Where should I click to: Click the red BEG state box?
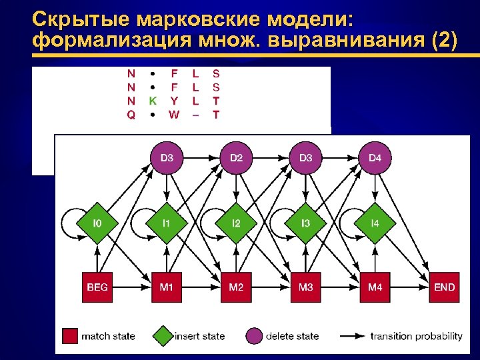pos(97,287)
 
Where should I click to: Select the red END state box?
pos(444,287)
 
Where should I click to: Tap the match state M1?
pos(167,287)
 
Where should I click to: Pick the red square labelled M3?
pos(306,287)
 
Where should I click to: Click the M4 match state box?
pos(375,287)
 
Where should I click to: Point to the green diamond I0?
pos(97,223)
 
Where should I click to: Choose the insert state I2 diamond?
pos(236,223)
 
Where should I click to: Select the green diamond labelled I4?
pos(375,223)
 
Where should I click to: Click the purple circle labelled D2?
pos(236,158)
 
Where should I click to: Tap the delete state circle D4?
pos(375,158)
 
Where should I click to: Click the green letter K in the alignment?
pos(153,101)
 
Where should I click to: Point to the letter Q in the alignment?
pos(131,115)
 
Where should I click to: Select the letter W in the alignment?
pos(174,115)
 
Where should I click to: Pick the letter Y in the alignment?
pos(174,101)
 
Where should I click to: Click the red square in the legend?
pos(70,335)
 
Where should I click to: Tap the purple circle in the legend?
pos(254,335)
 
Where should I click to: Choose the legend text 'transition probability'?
pos(416,335)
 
